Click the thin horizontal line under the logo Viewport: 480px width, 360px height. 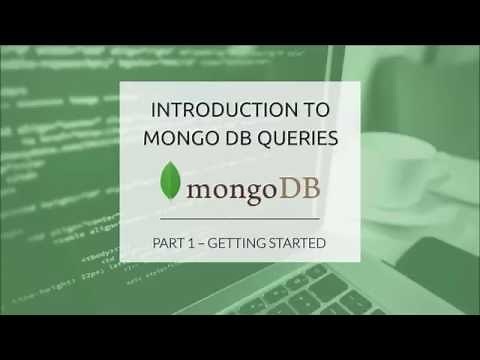click(x=240, y=217)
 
